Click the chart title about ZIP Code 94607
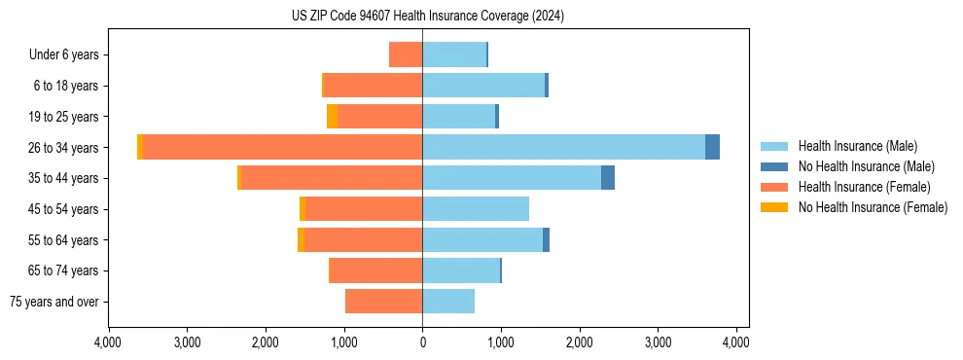(x=427, y=17)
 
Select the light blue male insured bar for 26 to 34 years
(x=563, y=147)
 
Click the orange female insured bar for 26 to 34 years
(x=282, y=147)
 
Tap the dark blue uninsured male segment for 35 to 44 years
(x=608, y=178)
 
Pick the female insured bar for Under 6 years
(x=406, y=54)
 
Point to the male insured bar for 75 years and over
(x=448, y=302)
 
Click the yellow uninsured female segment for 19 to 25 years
(x=333, y=117)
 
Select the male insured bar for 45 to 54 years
(x=476, y=209)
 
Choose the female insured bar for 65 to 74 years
(x=376, y=270)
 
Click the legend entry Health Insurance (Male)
(x=857, y=146)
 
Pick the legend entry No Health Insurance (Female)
(x=873, y=207)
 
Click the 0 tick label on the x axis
(x=422, y=342)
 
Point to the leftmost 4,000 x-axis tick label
(x=108, y=342)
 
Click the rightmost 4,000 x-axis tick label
(x=736, y=342)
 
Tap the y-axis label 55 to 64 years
(x=65, y=240)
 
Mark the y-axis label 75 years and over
(x=54, y=302)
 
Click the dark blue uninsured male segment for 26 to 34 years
(x=712, y=147)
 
